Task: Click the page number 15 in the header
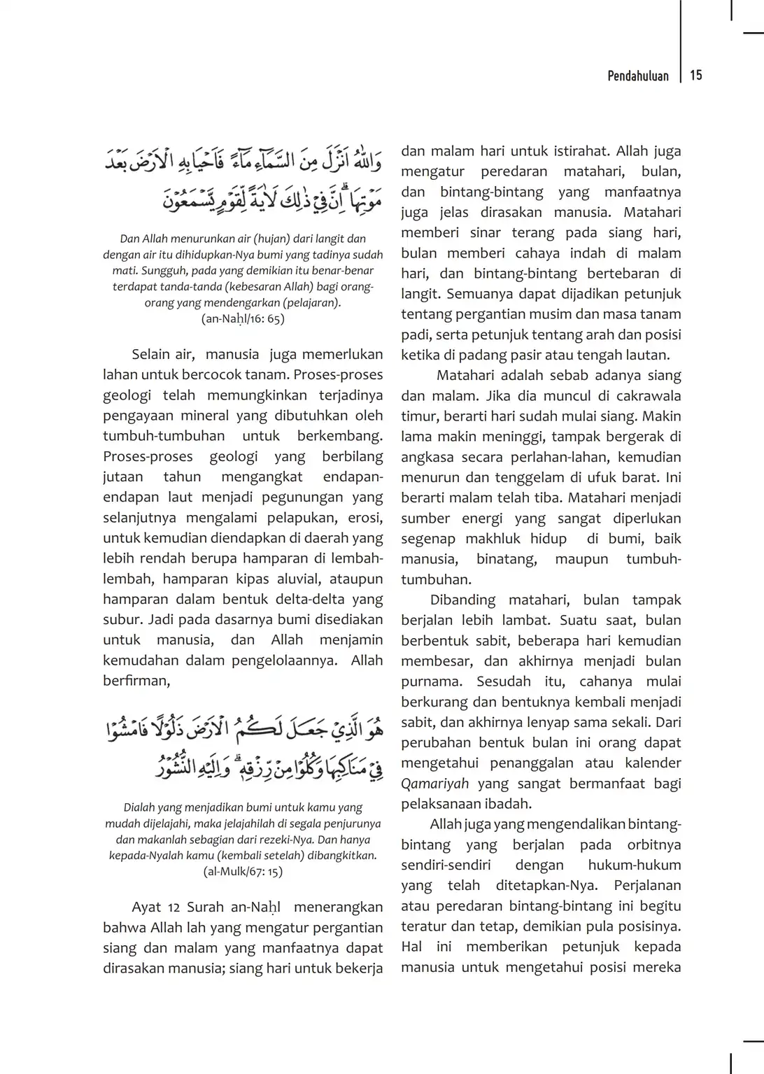coord(695,76)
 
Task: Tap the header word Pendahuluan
coord(637,76)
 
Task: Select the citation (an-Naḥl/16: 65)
coord(243,319)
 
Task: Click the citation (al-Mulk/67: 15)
coord(243,872)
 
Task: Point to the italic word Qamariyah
coord(434,784)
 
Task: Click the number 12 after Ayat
coord(174,907)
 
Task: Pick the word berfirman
coord(136,681)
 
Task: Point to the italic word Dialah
coord(139,807)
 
